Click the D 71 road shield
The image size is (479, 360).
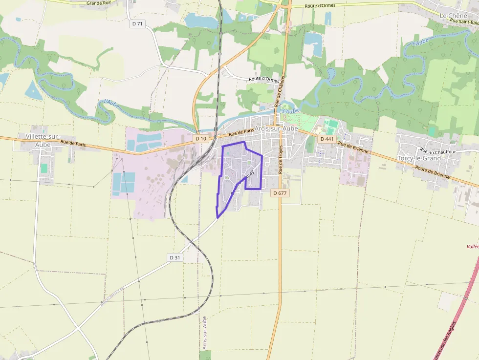click(x=137, y=23)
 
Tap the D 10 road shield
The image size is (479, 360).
click(x=200, y=139)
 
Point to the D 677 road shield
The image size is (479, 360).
click(x=280, y=193)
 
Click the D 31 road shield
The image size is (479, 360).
click(x=175, y=257)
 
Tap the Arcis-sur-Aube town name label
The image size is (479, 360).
click(x=276, y=128)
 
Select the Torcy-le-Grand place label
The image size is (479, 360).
click(x=419, y=158)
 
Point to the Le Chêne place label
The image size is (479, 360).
click(x=450, y=16)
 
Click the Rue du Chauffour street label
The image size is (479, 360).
click(x=437, y=151)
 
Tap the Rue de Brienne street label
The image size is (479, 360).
click(x=353, y=148)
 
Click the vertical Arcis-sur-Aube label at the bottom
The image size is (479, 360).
click(x=205, y=333)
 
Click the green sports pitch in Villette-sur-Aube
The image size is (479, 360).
click(x=44, y=168)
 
